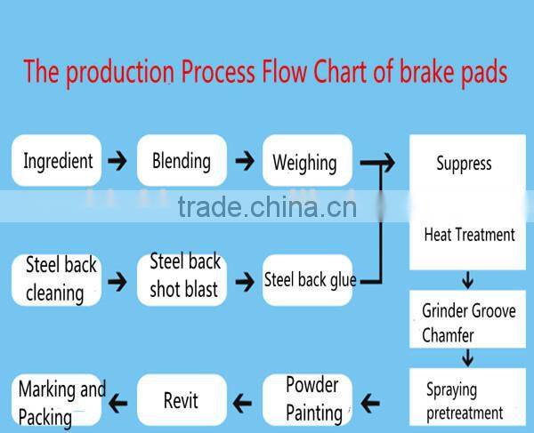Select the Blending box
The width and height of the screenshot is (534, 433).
[182, 161]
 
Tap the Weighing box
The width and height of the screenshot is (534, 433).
[305, 162]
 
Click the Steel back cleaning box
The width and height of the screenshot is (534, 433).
[55, 278]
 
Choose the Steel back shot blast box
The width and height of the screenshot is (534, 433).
[183, 277]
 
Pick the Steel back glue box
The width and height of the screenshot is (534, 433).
[310, 280]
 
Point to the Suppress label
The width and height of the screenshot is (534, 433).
[463, 164]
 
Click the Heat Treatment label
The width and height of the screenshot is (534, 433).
[468, 236]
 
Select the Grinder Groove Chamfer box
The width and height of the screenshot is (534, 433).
[468, 323]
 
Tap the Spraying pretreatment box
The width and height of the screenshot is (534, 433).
[464, 401]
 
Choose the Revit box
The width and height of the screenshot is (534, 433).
[182, 400]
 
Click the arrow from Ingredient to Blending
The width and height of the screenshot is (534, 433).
[116, 162]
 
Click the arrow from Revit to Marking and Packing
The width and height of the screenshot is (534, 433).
[116, 402]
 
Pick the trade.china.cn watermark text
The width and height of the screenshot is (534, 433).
[267, 207]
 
